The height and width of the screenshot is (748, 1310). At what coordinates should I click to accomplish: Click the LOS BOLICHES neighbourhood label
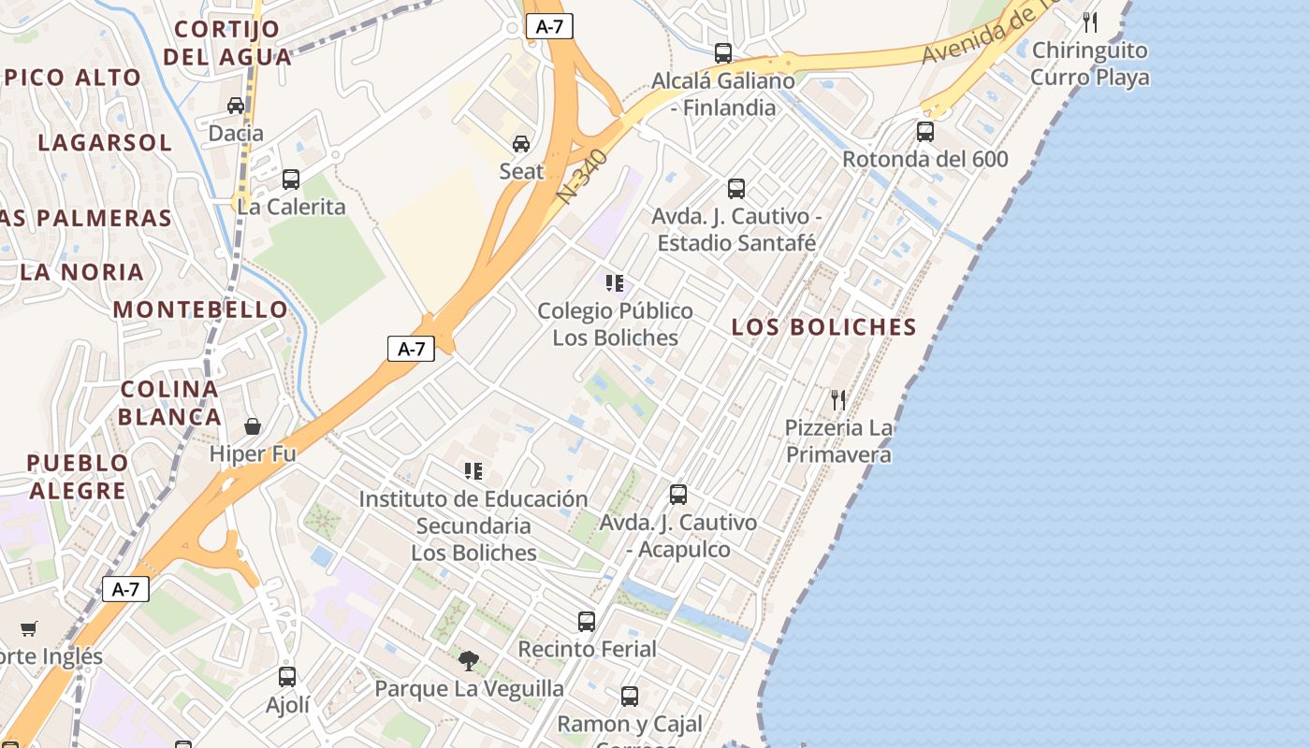click(823, 327)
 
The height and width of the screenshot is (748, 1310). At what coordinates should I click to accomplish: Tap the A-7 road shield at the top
click(549, 26)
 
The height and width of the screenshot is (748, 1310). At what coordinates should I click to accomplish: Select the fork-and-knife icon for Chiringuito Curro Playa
click(1090, 22)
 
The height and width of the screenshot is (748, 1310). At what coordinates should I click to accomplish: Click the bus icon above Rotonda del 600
click(925, 132)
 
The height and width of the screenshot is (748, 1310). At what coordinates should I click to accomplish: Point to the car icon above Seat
click(521, 144)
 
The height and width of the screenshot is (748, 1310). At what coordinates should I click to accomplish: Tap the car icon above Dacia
click(236, 106)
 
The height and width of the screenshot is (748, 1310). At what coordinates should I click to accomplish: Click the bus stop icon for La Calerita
click(291, 179)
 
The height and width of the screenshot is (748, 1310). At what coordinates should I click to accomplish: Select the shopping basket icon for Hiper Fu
click(253, 427)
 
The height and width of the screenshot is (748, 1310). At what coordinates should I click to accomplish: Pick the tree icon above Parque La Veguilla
click(469, 661)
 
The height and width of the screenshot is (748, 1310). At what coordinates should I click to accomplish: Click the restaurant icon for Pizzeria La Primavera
click(838, 400)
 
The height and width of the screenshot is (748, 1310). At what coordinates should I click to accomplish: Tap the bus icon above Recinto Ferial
click(587, 621)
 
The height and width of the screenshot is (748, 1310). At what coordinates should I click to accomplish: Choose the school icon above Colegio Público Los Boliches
click(615, 282)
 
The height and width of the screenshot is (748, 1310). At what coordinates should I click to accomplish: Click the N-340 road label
click(582, 176)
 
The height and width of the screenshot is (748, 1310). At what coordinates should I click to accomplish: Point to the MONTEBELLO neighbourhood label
click(201, 309)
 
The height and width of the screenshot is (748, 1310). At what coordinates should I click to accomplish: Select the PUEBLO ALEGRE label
click(78, 477)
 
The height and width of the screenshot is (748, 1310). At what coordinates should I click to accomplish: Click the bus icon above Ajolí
click(287, 677)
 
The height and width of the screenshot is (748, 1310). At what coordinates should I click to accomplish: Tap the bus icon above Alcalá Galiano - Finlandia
click(723, 53)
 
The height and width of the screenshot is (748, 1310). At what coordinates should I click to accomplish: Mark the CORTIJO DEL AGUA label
click(227, 43)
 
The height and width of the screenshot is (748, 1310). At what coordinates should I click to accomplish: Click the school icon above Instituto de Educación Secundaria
click(473, 471)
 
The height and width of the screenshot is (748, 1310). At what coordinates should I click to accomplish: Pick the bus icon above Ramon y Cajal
click(630, 697)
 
